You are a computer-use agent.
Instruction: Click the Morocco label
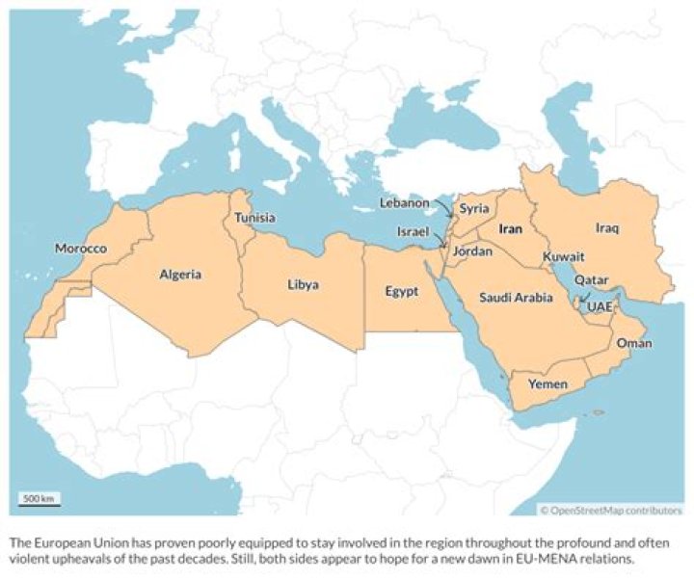pyautogui.click(x=80, y=249)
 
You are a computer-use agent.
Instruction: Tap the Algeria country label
pyautogui.click(x=180, y=275)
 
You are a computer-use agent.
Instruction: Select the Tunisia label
pyautogui.click(x=255, y=219)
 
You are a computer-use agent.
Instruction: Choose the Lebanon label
pyautogui.click(x=404, y=203)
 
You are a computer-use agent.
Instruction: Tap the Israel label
pyautogui.click(x=414, y=232)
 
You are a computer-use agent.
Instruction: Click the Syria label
pyautogui.click(x=473, y=208)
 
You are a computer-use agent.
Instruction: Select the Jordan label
pyautogui.click(x=472, y=251)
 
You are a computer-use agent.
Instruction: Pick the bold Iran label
pyautogui.click(x=510, y=230)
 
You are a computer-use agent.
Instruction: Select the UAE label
pyautogui.click(x=600, y=306)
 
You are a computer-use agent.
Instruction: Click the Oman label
pyautogui.click(x=633, y=344)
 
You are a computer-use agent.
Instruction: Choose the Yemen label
pyautogui.click(x=548, y=384)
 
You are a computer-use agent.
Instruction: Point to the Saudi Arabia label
pyautogui.click(x=516, y=298)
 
